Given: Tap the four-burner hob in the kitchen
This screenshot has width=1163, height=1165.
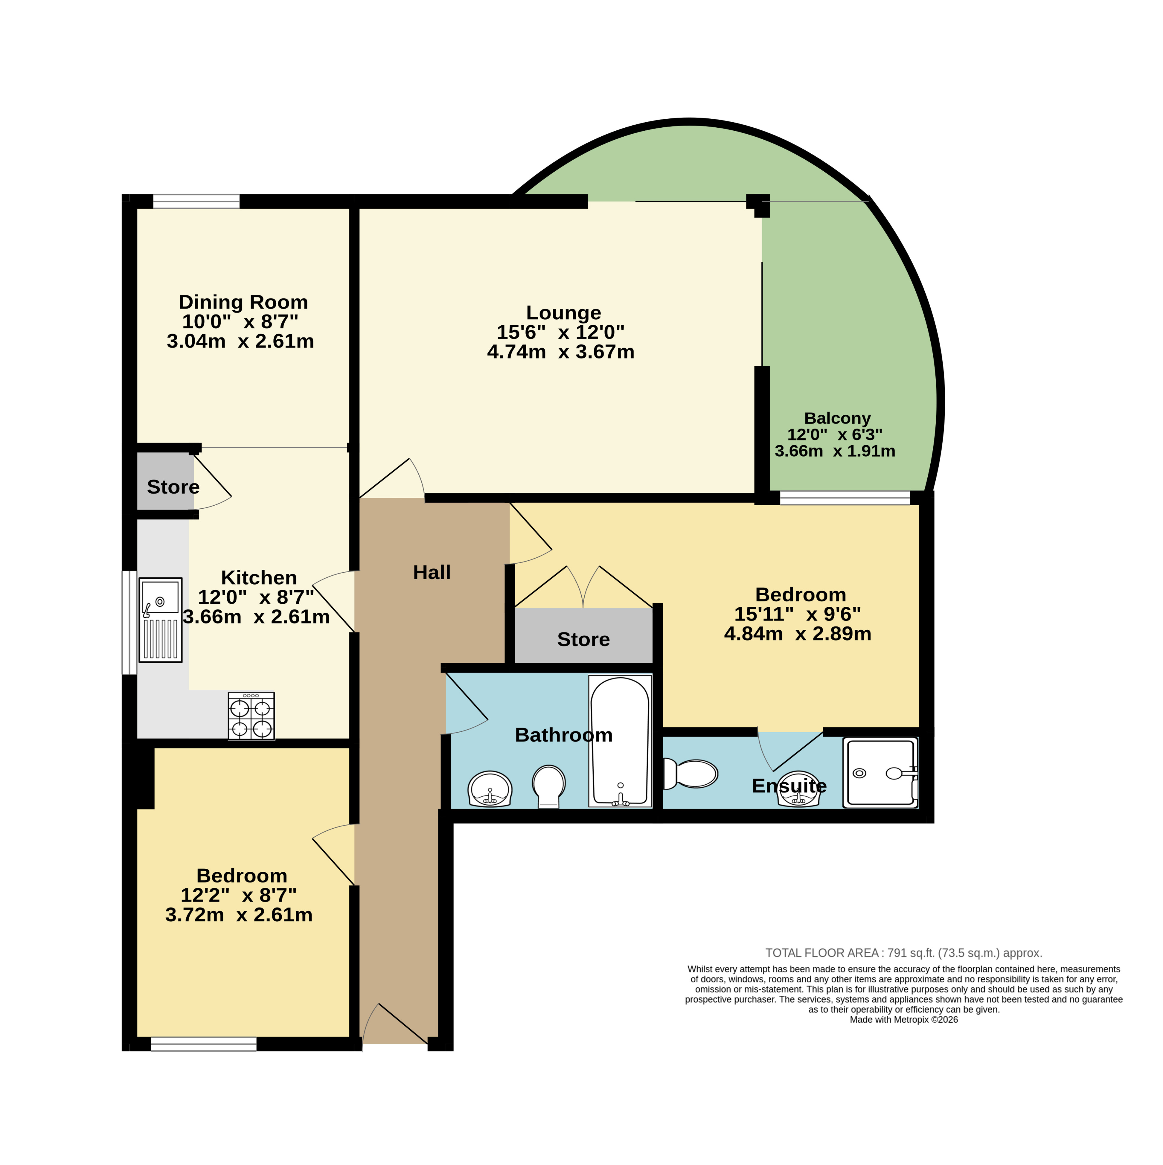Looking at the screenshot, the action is click(251, 716).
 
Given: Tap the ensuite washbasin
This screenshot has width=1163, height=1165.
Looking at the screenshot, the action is click(799, 789).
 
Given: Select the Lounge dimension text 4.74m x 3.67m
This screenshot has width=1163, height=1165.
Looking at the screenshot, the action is click(561, 352).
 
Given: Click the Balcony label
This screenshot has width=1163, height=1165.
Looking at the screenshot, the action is click(837, 418).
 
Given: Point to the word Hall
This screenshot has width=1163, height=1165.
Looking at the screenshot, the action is click(432, 572).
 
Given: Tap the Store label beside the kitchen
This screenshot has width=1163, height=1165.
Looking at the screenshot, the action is click(173, 487).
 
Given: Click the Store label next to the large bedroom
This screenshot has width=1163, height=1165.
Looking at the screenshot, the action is click(584, 639).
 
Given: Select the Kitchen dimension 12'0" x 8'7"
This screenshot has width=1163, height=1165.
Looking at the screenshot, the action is click(256, 597).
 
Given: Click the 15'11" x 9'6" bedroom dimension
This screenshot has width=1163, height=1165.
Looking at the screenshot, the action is click(798, 614).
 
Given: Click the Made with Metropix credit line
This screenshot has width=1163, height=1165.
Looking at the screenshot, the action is click(904, 1020).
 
